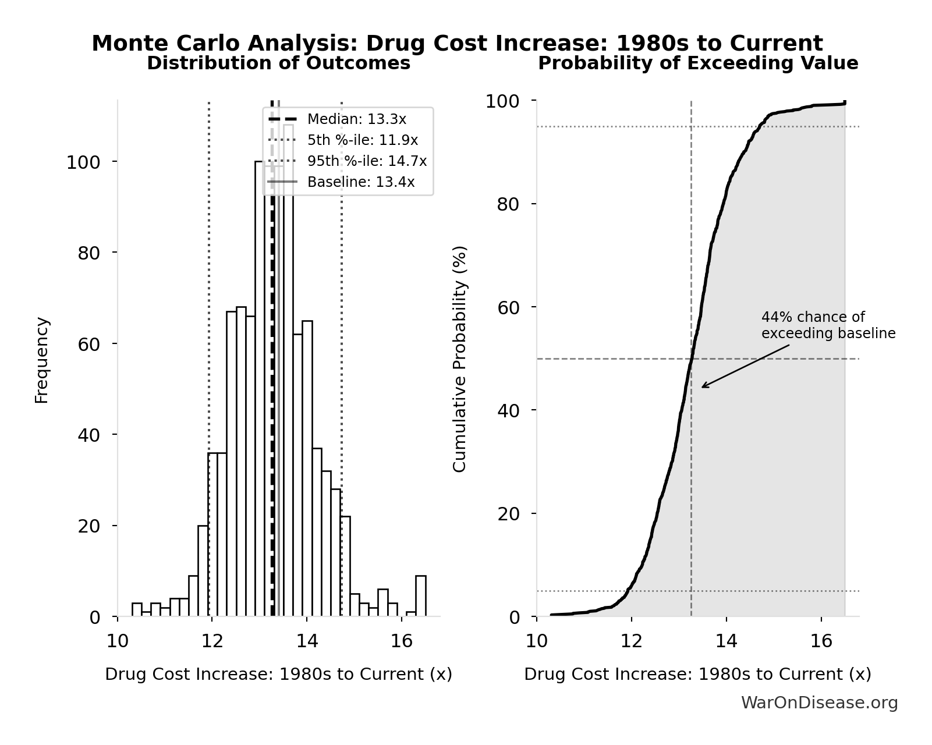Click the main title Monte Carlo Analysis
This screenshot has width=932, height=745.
tap(457, 44)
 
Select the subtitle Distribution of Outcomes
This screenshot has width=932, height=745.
tap(278, 63)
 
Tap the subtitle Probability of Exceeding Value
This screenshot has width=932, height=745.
tap(697, 63)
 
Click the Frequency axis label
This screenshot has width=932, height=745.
tap(42, 360)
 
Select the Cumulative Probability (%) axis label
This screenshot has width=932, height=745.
tap(459, 359)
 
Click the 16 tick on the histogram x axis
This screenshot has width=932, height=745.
tap(401, 641)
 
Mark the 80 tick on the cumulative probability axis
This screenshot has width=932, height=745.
tap(508, 204)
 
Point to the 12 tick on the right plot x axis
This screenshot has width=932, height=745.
tap(631, 641)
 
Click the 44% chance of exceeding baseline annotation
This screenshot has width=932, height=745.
tap(827, 325)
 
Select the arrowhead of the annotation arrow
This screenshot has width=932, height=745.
tap(703, 386)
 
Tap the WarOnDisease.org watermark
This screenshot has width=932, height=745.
tap(818, 703)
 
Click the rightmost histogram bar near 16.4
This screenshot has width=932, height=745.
tap(420, 596)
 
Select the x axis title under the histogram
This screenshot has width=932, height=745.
tap(278, 674)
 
